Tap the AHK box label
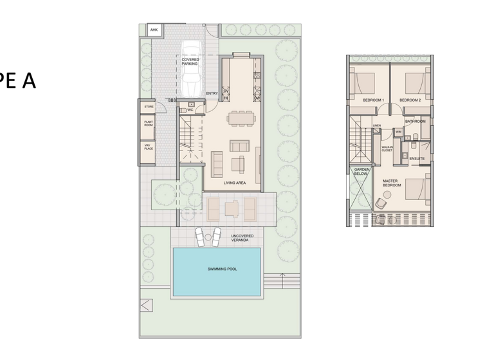pos(154,30)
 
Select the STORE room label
pos(149,107)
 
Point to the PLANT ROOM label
pos(149,123)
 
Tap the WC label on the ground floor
pos(190,110)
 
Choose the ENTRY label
pos(211,94)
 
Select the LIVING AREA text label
pos(235,183)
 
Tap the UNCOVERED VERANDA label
pos(242,238)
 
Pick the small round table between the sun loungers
pos(207,239)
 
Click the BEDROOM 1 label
pos(373,100)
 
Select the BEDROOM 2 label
pos(410,100)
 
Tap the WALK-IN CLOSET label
pos(387,148)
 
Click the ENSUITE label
pos(417,158)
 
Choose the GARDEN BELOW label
pos(361,172)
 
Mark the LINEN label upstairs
pos(377,125)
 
